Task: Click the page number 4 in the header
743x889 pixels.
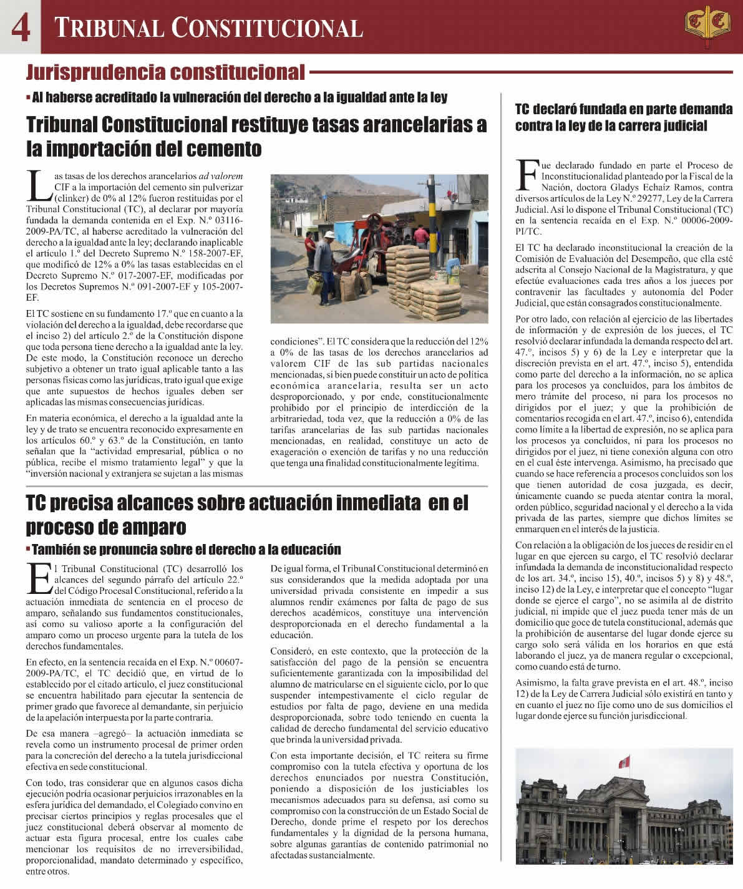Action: pos(20,27)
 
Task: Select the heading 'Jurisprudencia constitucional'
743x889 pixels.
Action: pos(165,73)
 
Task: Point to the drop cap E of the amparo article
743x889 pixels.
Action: pos(39,578)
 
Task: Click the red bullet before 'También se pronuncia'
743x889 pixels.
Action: pos(29,550)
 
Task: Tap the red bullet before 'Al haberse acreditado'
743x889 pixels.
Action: pos(29,98)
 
